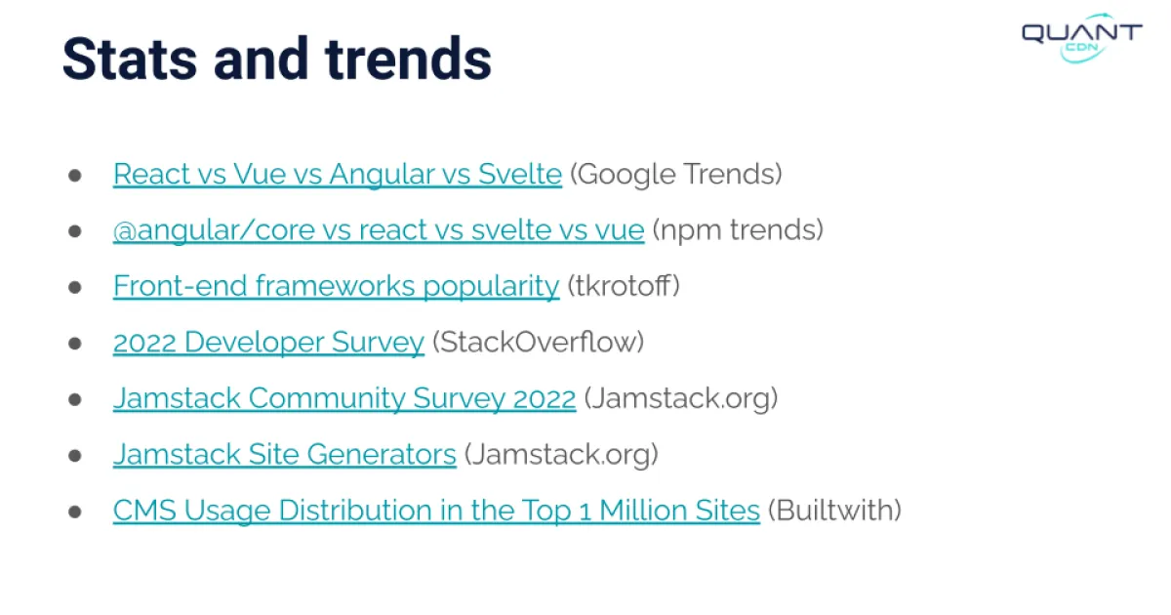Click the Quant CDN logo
pos(1081,37)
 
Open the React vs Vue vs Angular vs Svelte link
pos(337,175)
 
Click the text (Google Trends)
pos(676,175)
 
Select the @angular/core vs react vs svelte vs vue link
pos(378,230)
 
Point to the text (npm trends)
pos(738,230)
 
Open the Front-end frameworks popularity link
pos(336,286)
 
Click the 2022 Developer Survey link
pos(268,343)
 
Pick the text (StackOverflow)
pos(539,343)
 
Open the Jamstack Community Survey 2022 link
pos(343,398)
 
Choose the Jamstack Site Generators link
pos(284,455)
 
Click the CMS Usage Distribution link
pos(435,511)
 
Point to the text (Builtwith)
pos(834,511)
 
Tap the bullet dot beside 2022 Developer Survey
pos(75,344)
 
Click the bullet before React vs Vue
pos(75,176)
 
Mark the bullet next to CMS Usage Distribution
pos(75,512)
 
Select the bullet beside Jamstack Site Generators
pos(75,456)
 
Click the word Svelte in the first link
pos(520,175)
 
